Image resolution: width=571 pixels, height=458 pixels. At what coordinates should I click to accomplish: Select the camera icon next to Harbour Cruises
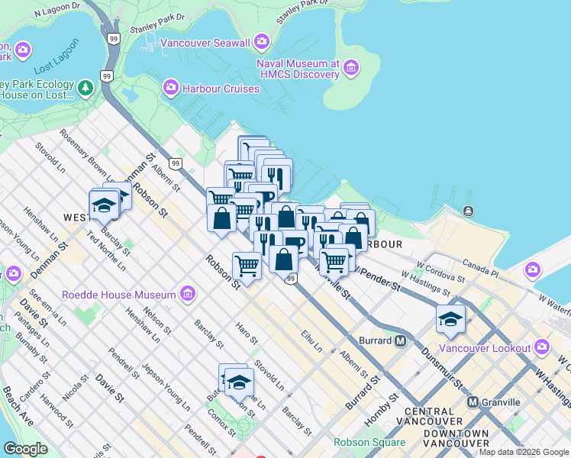170,89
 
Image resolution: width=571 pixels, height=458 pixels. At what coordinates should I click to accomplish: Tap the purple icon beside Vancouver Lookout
542,348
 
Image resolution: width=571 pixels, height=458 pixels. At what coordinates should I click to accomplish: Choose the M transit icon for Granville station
473,402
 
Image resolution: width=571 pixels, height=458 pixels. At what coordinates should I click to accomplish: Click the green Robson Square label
369,442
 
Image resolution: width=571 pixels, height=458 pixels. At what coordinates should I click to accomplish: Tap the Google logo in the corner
25,449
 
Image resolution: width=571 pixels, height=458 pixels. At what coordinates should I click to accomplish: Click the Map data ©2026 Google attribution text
524,452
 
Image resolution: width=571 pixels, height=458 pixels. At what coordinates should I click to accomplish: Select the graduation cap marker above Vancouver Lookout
450,319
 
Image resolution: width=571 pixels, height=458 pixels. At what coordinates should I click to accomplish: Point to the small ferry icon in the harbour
467,211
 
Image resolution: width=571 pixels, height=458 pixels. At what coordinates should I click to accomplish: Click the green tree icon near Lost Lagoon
85,89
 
